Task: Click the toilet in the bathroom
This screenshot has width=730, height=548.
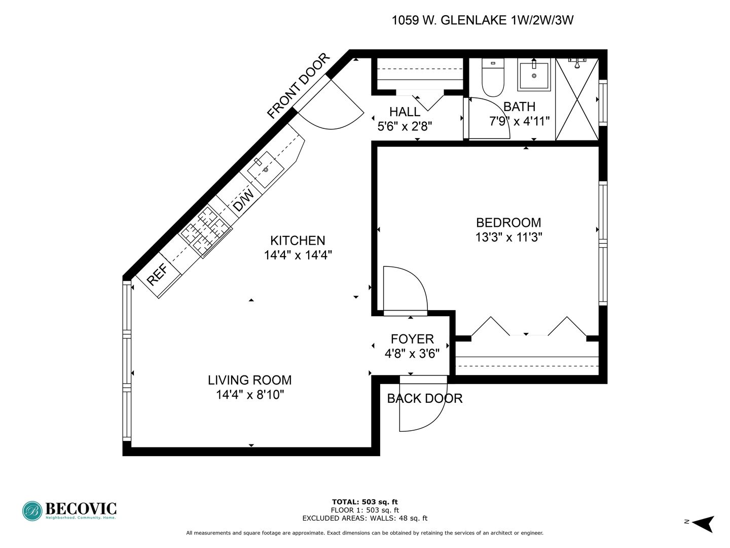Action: [493, 77]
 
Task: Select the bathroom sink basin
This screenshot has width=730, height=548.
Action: [534, 76]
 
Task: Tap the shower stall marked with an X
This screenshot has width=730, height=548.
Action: [577, 99]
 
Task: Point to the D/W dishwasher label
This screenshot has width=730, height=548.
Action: [243, 200]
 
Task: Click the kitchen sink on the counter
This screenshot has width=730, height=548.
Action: [266, 169]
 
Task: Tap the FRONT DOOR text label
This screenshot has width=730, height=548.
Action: [298, 86]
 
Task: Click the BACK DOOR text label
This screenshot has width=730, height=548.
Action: [425, 398]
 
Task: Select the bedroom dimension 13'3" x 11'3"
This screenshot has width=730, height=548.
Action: [508, 237]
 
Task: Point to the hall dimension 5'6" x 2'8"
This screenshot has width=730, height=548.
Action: [405, 126]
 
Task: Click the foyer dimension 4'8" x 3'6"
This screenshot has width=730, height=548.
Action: [412, 353]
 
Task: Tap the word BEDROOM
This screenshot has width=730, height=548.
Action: [508, 222]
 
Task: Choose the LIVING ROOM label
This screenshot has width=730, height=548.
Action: [250, 380]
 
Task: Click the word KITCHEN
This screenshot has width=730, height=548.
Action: [298, 240]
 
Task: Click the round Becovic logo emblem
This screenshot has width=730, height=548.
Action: [32, 511]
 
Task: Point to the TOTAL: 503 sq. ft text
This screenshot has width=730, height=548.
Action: [365, 502]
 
